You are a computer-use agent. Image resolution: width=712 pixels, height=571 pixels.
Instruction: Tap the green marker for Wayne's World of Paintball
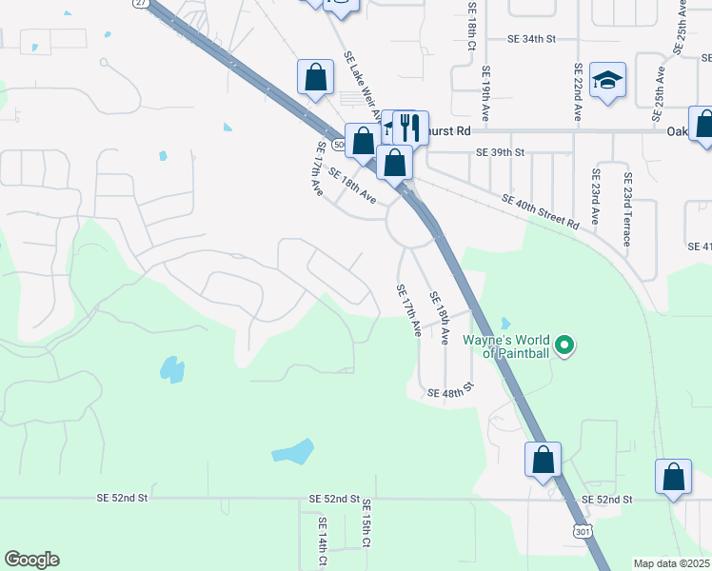[564, 344]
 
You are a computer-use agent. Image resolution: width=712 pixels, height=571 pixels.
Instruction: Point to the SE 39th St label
[501, 152]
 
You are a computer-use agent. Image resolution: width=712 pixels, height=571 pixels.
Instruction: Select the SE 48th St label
[450, 393]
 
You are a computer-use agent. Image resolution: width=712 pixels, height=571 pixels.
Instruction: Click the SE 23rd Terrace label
[627, 209]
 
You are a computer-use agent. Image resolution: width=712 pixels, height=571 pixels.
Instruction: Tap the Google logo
[31, 560]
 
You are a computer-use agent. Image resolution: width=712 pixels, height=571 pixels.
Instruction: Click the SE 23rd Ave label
[596, 197]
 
